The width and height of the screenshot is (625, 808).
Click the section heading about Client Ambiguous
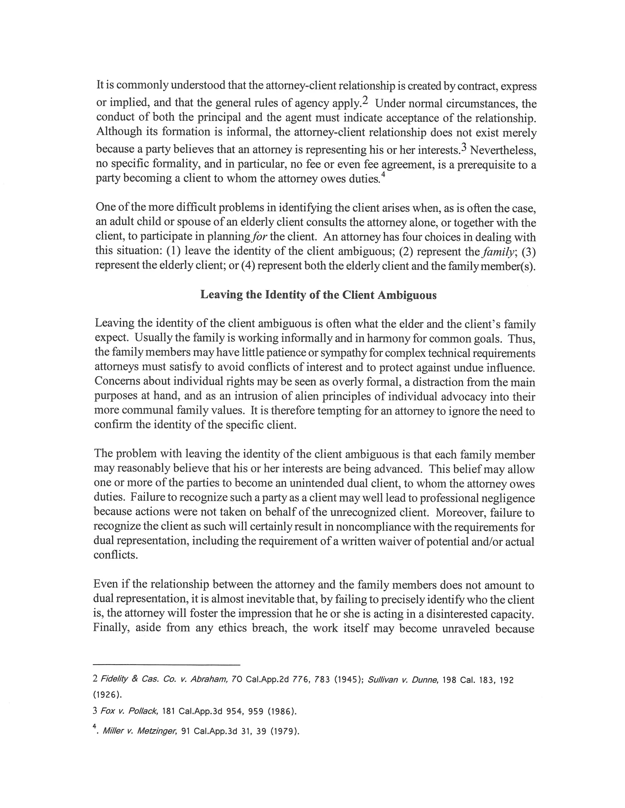pos(318,295)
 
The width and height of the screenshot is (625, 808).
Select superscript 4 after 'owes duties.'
pos(383,176)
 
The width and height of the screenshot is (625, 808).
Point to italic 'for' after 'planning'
pos(260,237)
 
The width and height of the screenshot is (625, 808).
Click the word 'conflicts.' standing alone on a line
pos(116,555)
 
